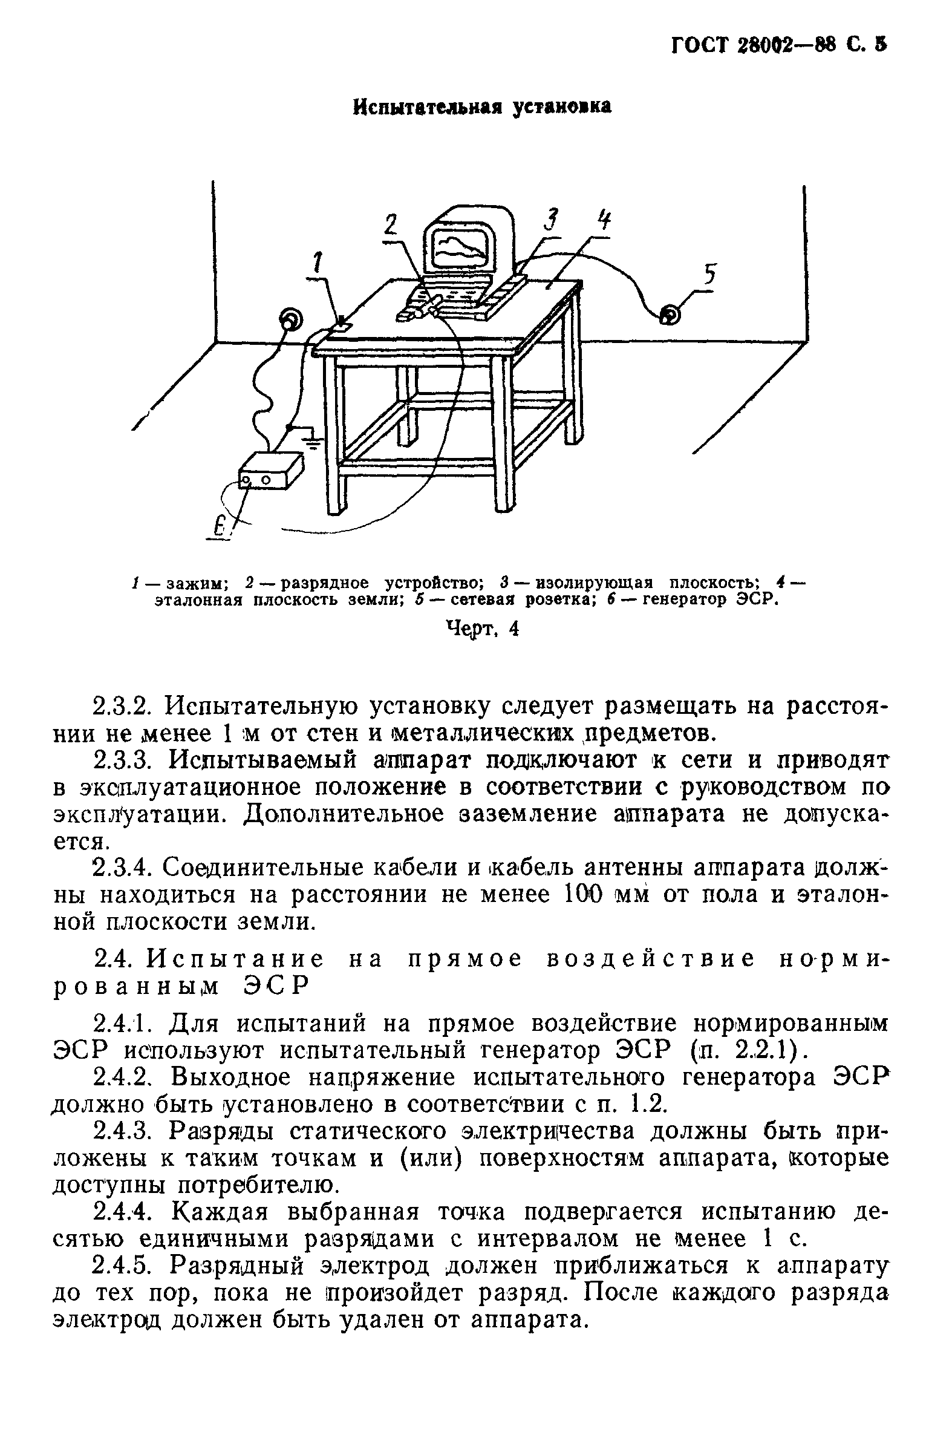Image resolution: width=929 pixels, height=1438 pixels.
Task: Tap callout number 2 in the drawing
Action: pyautogui.click(x=393, y=226)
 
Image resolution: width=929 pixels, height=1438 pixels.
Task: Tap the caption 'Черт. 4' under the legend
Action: pyautogui.click(x=482, y=629)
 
